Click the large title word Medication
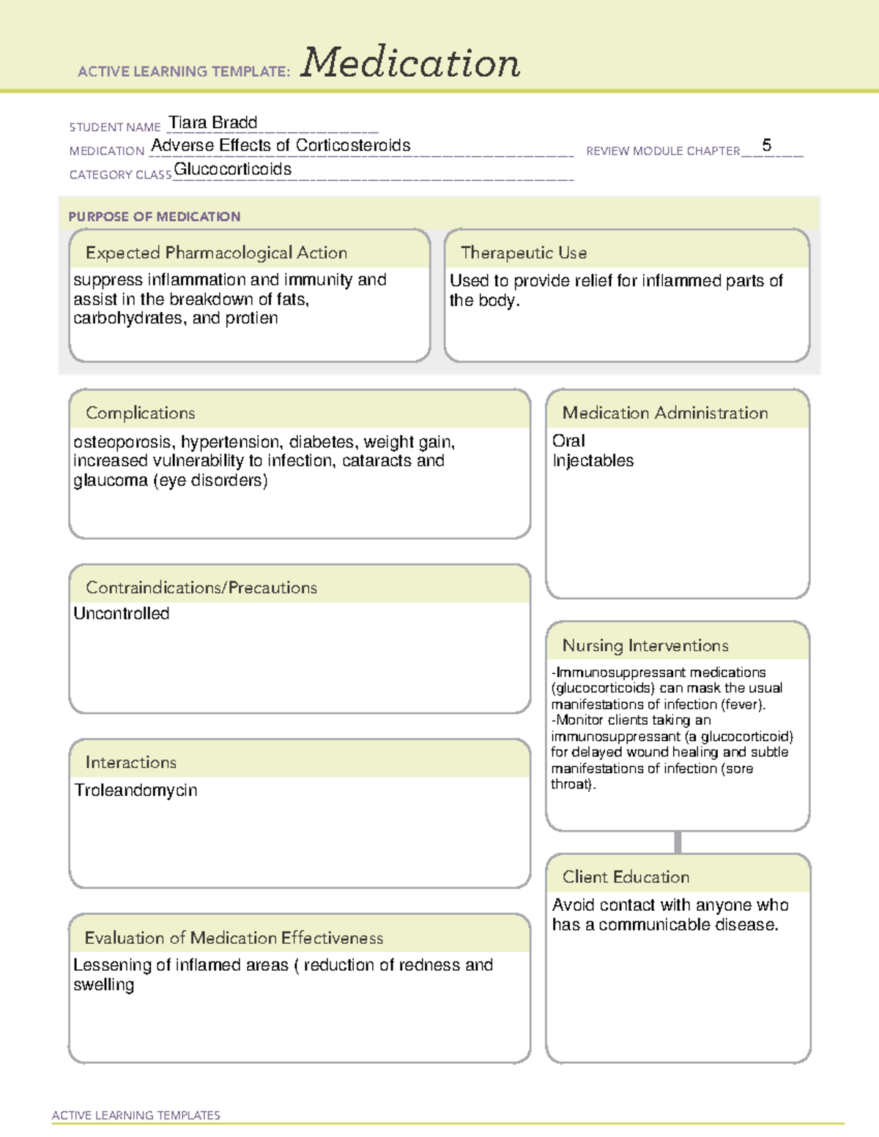pyautogui.click(x=410, y=63)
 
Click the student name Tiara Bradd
pyautogui.click(x=212, y=122)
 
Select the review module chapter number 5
pyautogui.click(x=766, y=145)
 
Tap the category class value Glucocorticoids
pyautogui.click(x=232, y=169)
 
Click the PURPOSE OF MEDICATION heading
pyautogui.click(x=154, y=217)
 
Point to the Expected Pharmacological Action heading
pyautogui.click(x=216, y=253)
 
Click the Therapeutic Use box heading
pyautogui.click(x=523, y=253)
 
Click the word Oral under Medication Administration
pyautogui.click(x=568, y=441)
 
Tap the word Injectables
pyautogui.click(x=593, y=461)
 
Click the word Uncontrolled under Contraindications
pyautogui.click(x=122, y=614)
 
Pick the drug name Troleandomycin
pyautogui.click(x=136, y=790)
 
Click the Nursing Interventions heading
pyautogui.click(x=645, y=646)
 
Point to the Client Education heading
pyautogui.click(x=626, y=877)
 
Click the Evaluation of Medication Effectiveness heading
pyautogui.click(x=234, y=938)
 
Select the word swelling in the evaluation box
pyautogui.click(x=103, y=985)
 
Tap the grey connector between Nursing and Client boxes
pyautogui.click(x=678, y=842)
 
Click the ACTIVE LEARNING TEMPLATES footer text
pyautogui.click(x=136, y=1115)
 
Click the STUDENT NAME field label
pyautogui.click(x=115, y=127)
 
